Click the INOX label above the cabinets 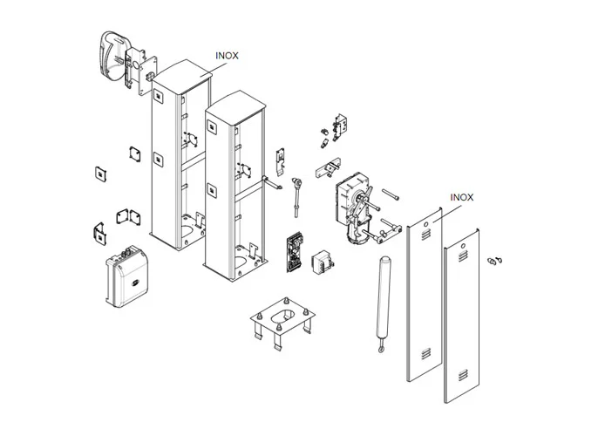(x=227, y=55)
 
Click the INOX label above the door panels (x=462, y=198)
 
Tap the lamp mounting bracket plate (x=140, y=68)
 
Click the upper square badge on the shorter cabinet (x=212, y=129)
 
